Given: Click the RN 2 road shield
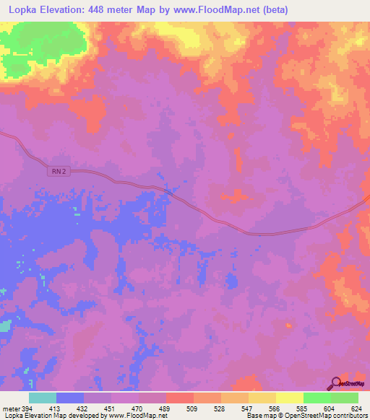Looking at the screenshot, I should tap(59, 170).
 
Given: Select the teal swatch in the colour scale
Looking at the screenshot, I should tap(43, 398).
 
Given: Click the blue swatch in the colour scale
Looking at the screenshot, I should tap(70, 398).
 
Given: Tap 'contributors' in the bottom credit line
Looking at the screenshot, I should tap(350, 416).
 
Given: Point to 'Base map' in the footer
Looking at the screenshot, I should tap(258, 416).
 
